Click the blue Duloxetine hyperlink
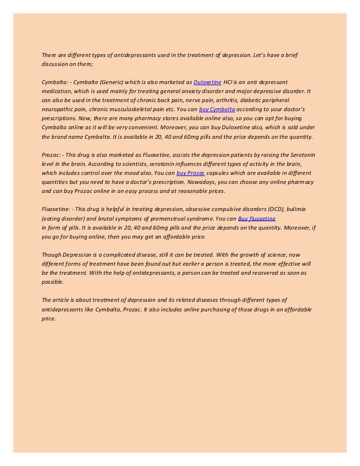click(207, 82)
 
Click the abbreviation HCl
click(229, 82)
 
